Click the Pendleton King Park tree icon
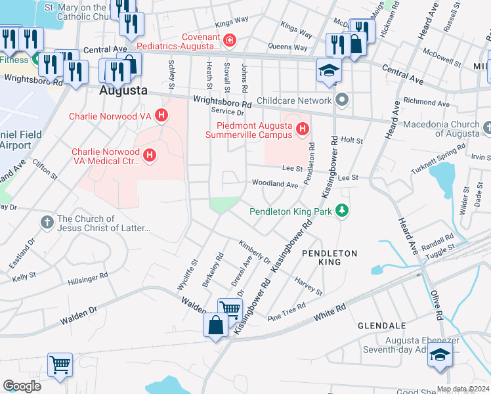(x=341, y=211)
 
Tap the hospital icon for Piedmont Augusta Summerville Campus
(x=302, y=129)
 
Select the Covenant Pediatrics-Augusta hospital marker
(x=229, y=41)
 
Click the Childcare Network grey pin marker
(x=341, y=100)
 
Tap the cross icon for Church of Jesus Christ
(x=47, y=223)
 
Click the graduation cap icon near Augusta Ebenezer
(x=439, y=357)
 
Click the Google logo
(x=22, y=385)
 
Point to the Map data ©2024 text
(x=463, y=389)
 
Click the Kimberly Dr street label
(x=255, y=251)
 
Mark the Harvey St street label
(x=309, y=286)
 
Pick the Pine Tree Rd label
(x=287, y=311)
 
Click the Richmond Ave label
(x=427, y=103)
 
